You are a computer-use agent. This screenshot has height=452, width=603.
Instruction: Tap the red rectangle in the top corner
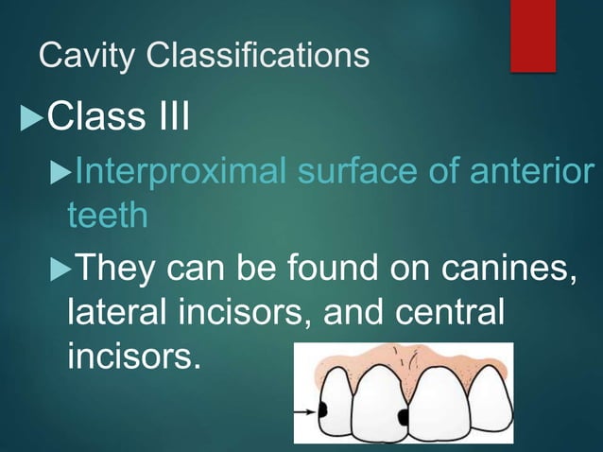(533, 35)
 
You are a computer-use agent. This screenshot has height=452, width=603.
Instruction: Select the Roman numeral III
(169, 120)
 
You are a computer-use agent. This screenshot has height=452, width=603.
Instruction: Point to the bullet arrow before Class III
(30, 121)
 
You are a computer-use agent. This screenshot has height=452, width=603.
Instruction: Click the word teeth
(107, 216)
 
